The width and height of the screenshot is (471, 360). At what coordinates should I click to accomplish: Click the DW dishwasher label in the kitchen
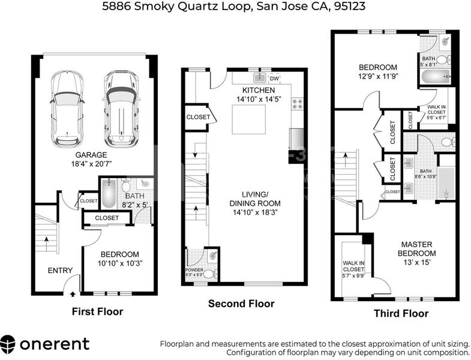(274, 79)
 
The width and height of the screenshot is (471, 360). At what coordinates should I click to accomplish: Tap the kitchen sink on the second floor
(260, 78)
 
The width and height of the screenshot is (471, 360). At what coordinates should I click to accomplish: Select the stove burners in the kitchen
(298, 104)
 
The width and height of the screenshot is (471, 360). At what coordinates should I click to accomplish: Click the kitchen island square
(249, 119)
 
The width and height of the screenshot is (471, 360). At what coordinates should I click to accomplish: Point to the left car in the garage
(67, 109)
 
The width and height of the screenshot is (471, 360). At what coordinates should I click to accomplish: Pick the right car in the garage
(121, 109)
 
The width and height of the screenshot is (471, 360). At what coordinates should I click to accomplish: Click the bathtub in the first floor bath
(109, 194)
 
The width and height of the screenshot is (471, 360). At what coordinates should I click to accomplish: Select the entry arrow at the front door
(73, 293)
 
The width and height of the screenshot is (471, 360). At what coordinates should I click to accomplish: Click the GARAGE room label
(91, 155)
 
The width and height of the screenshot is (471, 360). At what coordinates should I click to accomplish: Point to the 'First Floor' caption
(97, 311)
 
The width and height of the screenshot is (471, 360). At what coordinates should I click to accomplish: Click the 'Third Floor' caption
(401, 313)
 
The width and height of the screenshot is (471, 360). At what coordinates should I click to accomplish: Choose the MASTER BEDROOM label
(416, 249)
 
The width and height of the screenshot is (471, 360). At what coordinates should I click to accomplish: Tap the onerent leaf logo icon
(8, 344)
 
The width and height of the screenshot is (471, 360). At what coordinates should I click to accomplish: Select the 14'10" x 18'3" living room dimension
(255, 212)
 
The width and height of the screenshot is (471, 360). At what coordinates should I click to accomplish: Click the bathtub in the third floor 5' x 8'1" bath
(436, 77)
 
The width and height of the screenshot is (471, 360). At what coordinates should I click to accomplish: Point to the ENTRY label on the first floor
(60, 271)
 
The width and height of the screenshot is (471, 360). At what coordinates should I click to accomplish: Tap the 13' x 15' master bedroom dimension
(417, 262)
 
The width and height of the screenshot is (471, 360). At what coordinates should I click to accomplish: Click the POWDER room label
(194, 269)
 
